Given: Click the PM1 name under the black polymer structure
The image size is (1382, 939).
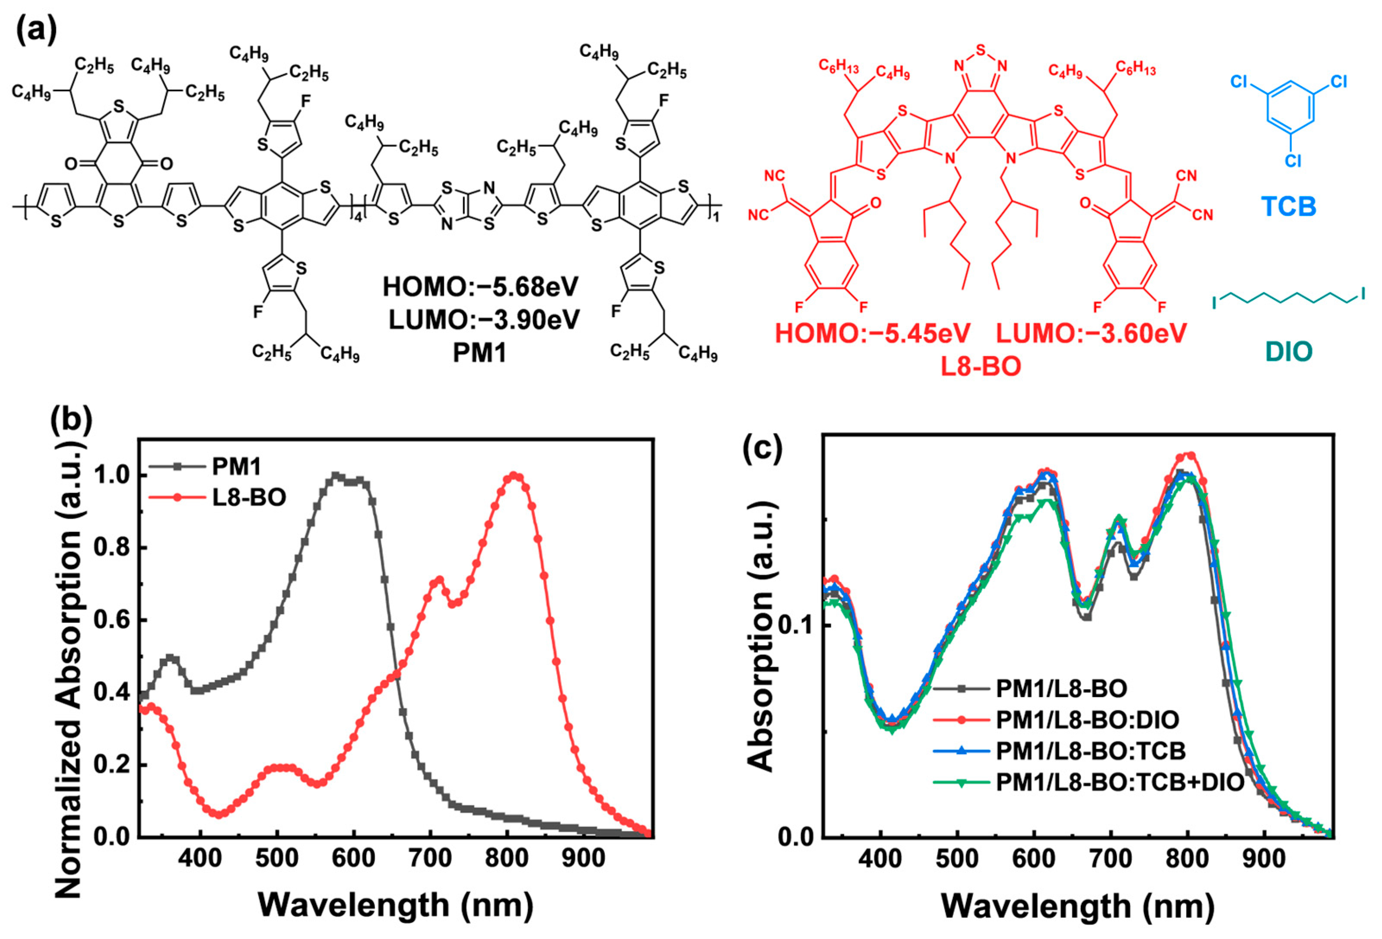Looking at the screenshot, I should click(479, 353).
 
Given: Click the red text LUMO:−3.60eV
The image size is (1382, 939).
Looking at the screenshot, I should click(1091, 333).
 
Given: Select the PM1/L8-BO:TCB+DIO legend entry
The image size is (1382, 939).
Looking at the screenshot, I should click(1120, 782).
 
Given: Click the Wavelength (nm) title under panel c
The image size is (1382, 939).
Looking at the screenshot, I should click(1077, 906).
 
